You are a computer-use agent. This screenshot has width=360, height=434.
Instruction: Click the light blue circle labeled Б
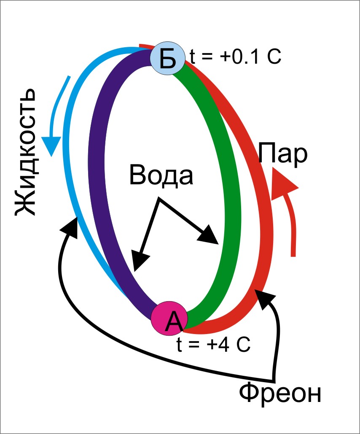167,59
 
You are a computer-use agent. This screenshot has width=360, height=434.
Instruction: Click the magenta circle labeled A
168,319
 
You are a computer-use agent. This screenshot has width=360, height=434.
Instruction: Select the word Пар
283,154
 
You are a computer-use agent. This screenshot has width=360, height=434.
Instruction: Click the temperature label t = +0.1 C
235,57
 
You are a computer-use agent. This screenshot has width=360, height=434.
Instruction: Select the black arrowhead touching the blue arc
71,224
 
